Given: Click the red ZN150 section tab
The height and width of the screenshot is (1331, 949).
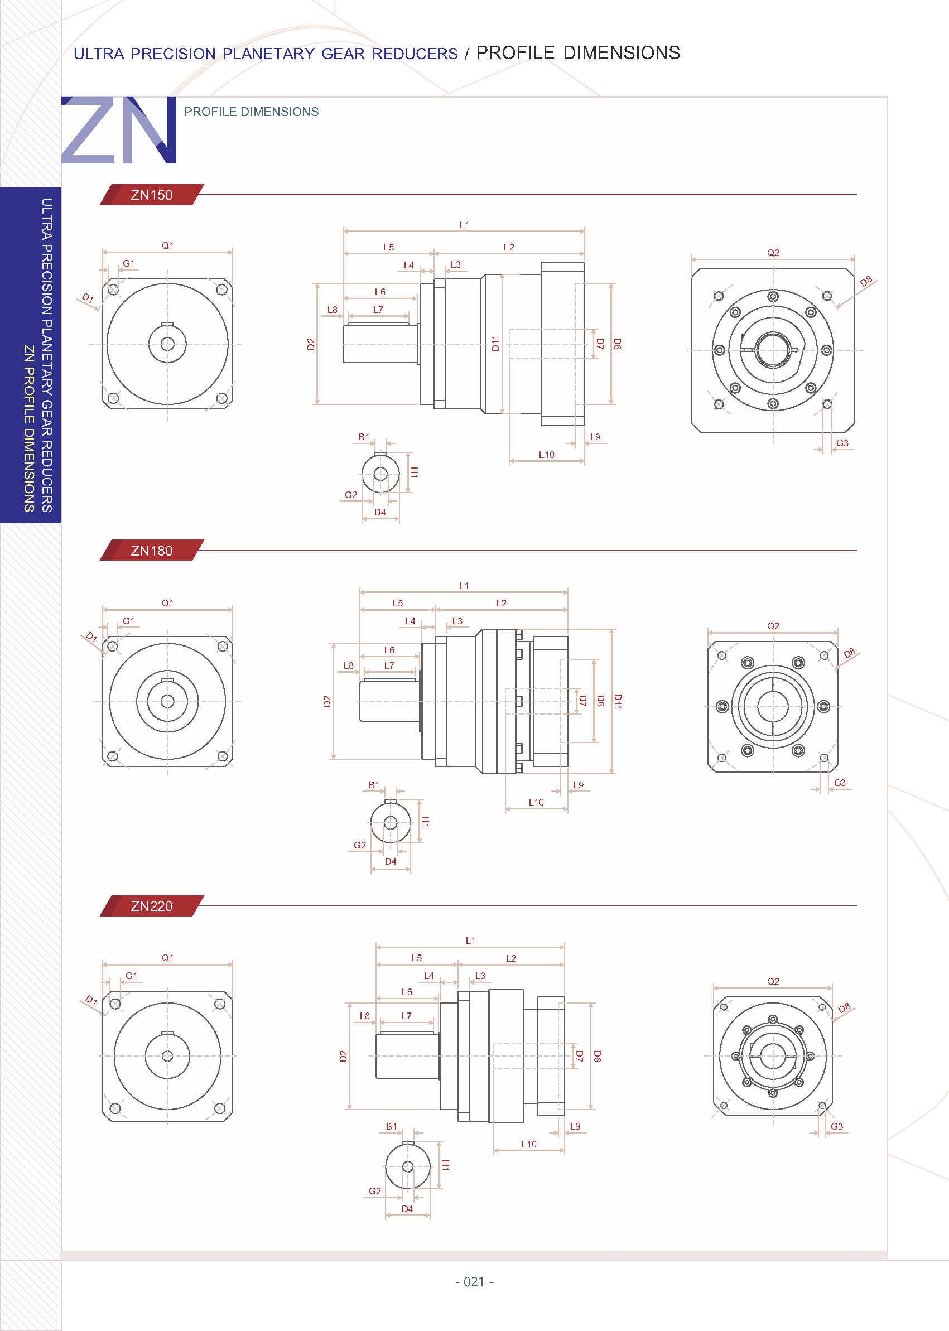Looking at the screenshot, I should coord(151,195).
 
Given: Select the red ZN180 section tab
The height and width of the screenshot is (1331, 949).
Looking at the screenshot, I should coord(151,551).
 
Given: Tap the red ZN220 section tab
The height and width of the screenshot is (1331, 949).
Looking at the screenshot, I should coord(151,905).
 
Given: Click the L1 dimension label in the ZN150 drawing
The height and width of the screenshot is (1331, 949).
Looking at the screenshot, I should coord(464,225).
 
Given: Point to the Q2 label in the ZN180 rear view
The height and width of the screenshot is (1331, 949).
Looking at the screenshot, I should coord(773,626).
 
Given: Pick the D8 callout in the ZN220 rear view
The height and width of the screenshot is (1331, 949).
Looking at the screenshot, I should coord(844,1008).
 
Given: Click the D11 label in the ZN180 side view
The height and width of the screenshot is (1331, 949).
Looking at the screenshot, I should coord(618,702).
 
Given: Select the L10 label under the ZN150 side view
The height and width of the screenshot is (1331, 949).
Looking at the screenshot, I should coord(546,455).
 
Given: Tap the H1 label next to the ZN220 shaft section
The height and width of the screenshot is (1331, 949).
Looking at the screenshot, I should coord(445,1165).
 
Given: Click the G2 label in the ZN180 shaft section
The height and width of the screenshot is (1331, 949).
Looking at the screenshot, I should coord(359,846).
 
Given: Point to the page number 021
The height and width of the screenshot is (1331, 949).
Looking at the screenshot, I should coord(474,1282).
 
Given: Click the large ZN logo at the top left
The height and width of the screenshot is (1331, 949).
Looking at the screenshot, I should coord(119,130).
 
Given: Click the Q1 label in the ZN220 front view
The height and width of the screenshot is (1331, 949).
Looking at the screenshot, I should coord(168,958).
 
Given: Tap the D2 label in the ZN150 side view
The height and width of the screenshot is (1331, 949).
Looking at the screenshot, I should coord(311,344).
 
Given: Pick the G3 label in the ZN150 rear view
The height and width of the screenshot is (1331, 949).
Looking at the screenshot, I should coord(841,443).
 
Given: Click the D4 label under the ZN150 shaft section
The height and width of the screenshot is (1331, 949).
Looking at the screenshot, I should coord(380,513).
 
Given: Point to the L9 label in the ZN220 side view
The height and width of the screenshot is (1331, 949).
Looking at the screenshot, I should coord(575,1126).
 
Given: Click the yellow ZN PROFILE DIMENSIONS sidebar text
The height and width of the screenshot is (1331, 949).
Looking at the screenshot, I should coord(28,428).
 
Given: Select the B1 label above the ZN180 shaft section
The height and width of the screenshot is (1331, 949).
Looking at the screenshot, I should coord(374,785).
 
